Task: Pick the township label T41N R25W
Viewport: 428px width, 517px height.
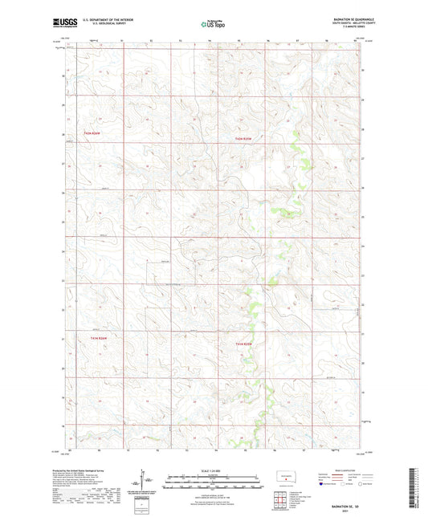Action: coord(248,344)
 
